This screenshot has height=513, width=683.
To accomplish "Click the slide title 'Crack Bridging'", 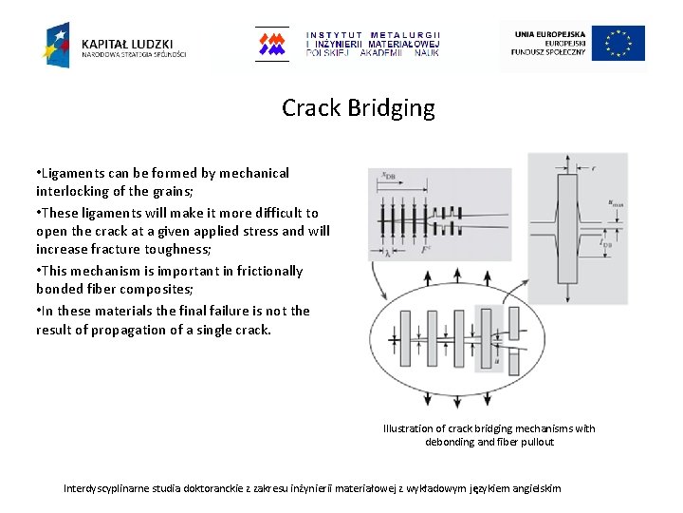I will coord(358,108).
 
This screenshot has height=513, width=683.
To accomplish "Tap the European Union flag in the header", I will coord(618,44).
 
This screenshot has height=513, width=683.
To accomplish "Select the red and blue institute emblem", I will coord(272,44).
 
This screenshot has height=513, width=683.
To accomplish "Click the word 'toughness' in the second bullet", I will coord(209,250).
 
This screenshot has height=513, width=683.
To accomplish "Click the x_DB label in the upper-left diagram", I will coord(388,175).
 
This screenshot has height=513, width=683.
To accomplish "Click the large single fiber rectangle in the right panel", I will coord(568,228).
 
